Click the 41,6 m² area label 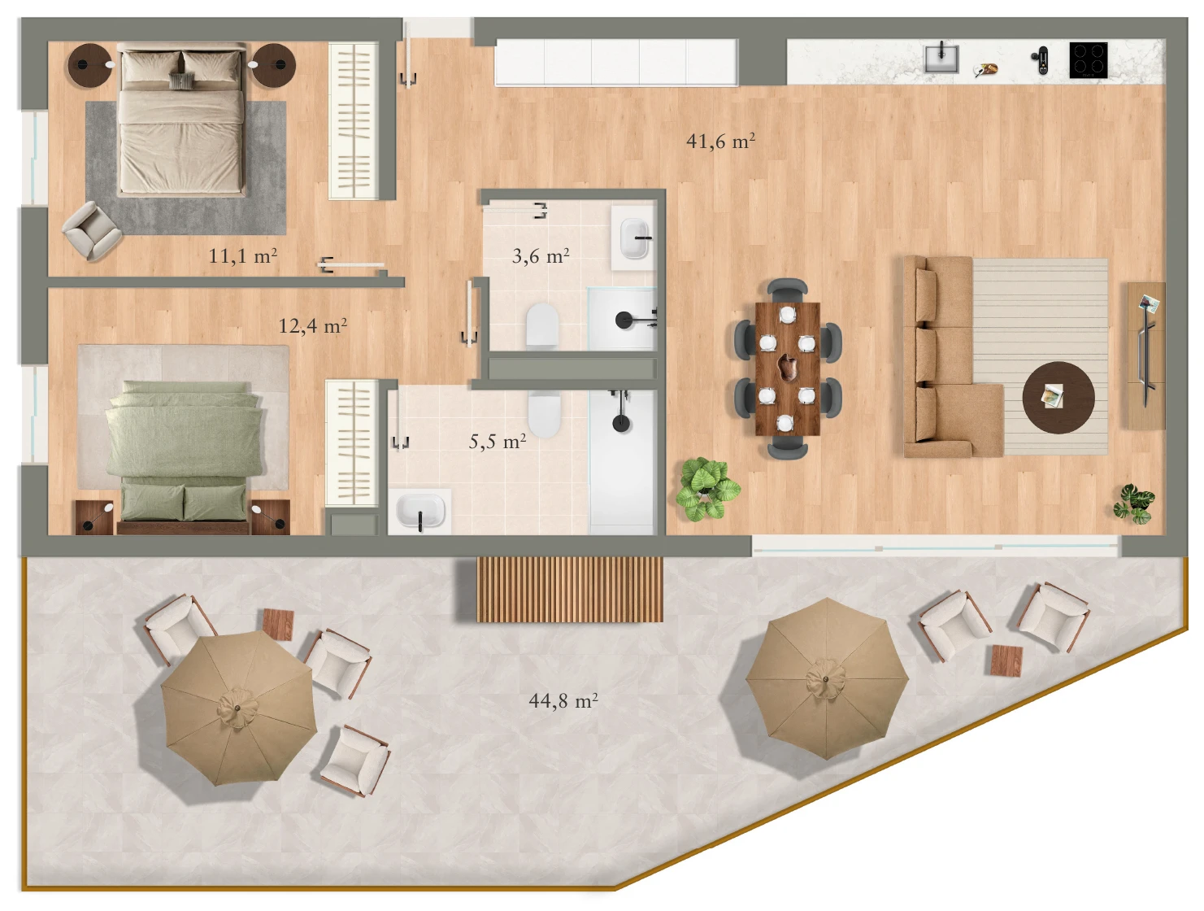[x=720, y=142]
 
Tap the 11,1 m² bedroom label [x=242, y=255]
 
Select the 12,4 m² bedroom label [x=313, y=326]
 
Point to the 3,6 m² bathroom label [x=541, y=255]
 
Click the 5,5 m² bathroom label [x=498, y=441]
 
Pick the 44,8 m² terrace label [x=563, y=701]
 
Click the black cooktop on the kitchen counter [x=1089, y=60]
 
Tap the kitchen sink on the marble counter [x=941, y=59]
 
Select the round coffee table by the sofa [x=1058, y=397]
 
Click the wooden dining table [x=787, y=368]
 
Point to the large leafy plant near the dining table [x=707, y=489]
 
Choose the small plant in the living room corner [x=1134, y=503]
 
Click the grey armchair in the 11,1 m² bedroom [x=92, y=230]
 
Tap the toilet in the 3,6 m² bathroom [x=542, y=325]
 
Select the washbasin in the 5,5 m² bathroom [x=420, y=511]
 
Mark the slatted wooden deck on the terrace [x=569, y=590]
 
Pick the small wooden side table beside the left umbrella [x=278, y=625]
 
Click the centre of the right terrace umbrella [x=825, y=679]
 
